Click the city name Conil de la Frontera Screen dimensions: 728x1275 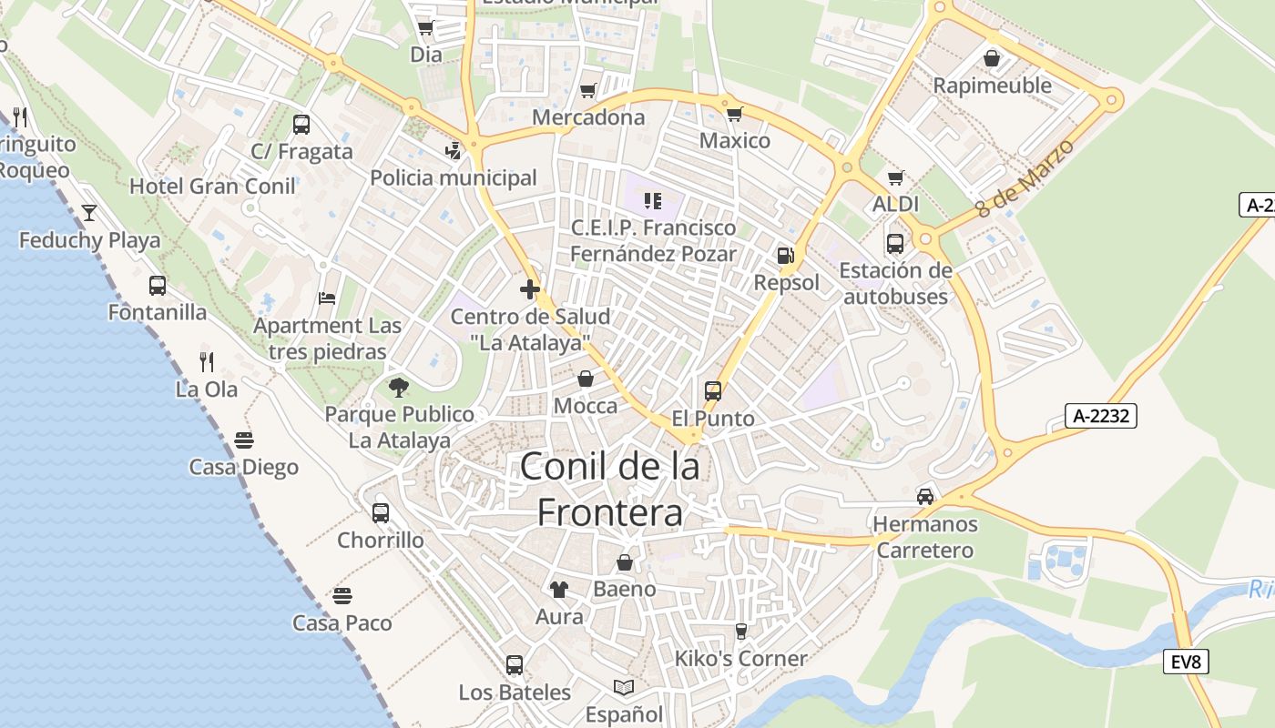coord(610,490)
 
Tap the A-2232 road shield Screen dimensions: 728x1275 coord(1101,417)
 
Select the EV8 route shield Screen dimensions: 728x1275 coord(1186,662)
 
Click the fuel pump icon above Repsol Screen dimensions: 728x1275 coord(785,256)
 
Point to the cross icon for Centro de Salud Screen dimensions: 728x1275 coord(530,289)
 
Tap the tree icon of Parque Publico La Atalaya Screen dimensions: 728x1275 coord(398,388)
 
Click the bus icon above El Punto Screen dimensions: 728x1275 coord(713,391)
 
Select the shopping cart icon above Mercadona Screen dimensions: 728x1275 coord(588,91)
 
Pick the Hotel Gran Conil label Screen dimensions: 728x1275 coord(212,187)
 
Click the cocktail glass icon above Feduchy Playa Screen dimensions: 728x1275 coord(89,213)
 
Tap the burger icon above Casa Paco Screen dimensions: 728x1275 coord(342,596)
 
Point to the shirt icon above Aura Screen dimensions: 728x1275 coord(559,590)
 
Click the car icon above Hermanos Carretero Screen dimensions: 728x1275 coord(925,497)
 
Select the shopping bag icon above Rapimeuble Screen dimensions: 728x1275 coord(992,58)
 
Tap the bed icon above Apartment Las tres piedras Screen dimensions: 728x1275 coord(327,298)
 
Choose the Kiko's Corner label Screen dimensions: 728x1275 coord(740,658)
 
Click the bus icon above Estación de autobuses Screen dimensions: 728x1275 coord(895,244)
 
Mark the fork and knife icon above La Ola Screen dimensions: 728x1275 coord(207,362)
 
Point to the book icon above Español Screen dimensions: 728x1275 coord(624,687)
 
